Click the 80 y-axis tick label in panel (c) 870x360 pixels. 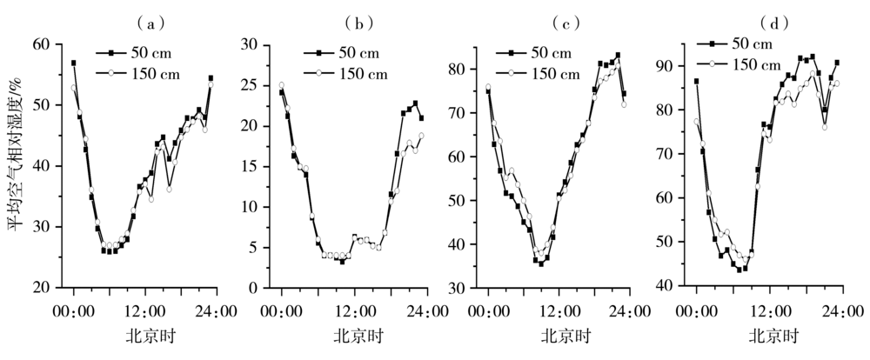465,69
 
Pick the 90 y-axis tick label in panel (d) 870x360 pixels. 672,66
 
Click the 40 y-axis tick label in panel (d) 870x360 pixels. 672,285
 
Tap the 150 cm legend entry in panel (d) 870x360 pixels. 755,63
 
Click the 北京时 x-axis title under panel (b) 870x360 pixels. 355,336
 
